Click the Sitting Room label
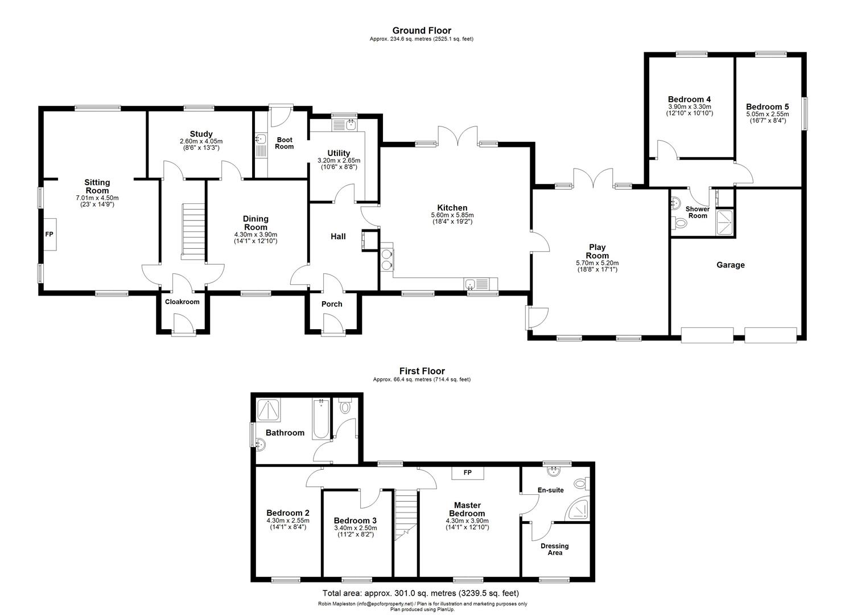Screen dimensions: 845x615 pos(97,187)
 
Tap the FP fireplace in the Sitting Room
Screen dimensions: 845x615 pos(50,235)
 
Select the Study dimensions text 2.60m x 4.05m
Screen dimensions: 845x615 pos(201,141)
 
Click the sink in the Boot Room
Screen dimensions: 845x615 pos(261,138)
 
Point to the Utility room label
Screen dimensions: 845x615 pos(339,153)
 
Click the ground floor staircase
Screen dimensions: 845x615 pos(193,231)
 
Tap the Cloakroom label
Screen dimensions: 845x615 pos(182,302)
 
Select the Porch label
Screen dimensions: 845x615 pos(332,304)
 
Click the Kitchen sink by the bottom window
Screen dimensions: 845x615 pos(470,284)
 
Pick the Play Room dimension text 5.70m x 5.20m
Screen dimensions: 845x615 pos(597,263)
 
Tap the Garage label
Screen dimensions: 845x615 pos(731,265)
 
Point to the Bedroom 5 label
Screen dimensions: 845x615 pos(767,107)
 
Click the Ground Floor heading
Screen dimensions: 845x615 pos(422,31)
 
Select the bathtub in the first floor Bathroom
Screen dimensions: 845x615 pos(321,419)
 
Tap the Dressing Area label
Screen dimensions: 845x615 pos(555,550)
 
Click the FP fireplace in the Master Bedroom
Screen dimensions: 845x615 pos(468,473)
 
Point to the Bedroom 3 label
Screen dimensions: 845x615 pos(355,520)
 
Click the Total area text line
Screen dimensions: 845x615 pos(421,593)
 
